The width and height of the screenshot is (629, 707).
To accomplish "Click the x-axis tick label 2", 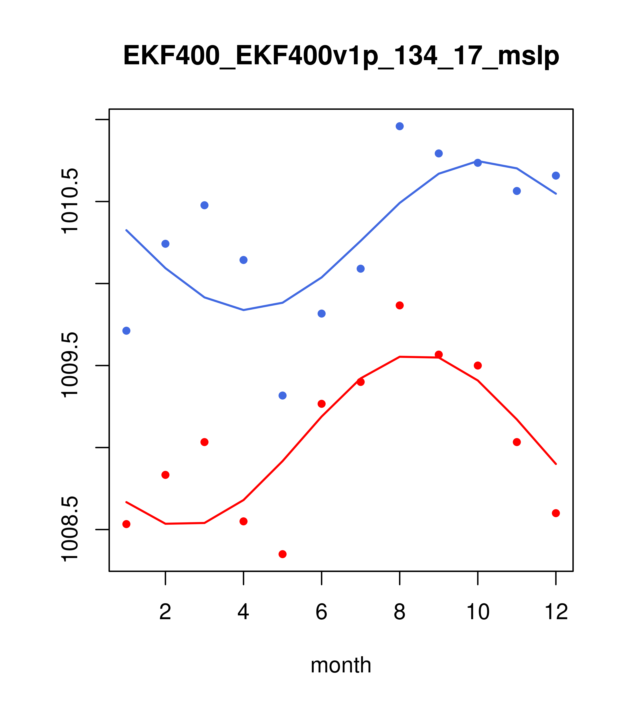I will [166, 612].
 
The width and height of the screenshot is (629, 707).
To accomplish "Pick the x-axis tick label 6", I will [322, 612].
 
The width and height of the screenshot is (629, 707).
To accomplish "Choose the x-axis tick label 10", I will [478, 612].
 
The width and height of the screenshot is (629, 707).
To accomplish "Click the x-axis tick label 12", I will [556, 612].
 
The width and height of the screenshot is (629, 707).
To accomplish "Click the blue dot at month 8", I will [400, 126].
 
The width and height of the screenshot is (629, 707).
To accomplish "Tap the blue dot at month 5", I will [283, 395].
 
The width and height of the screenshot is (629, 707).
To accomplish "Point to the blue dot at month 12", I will [556, 176].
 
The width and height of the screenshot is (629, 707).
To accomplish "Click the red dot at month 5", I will [283, 554].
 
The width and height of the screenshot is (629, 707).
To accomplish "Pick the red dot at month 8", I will [400, 305].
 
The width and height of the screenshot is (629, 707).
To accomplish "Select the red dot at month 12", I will [556, 513].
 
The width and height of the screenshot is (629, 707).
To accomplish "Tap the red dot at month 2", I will [166, 475].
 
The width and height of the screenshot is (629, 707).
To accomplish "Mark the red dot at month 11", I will [517, 442].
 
